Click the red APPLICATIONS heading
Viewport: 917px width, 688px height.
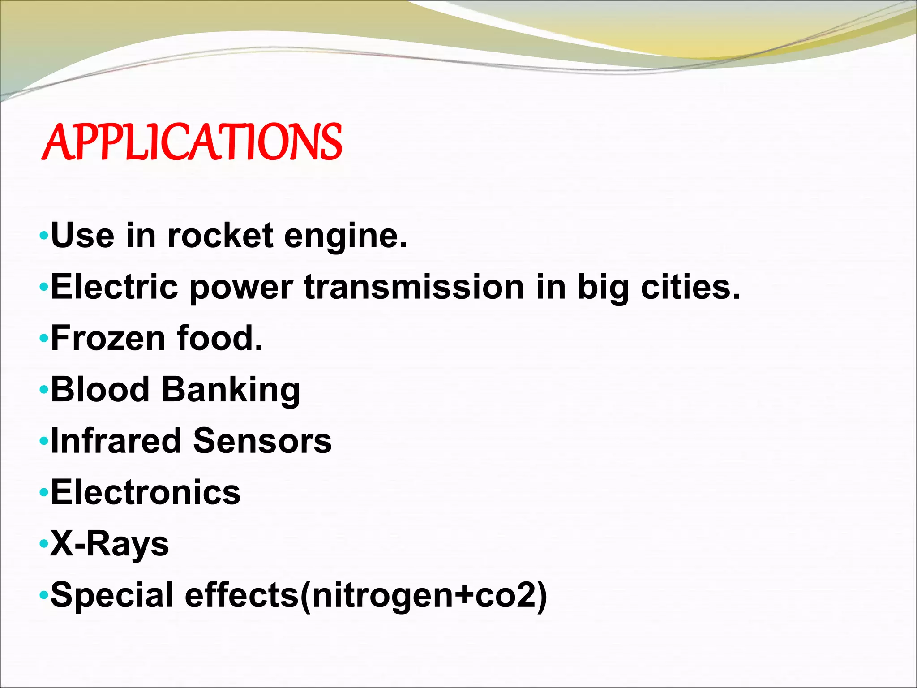pyautogui.click(x=192, y=142)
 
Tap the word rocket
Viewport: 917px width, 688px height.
pyautogui.click(x=220, y=236)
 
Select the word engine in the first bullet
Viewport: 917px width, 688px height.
pyautogui.click(x=345, y=236)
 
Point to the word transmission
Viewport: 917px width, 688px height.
pyautogui.click(x=414, y=287)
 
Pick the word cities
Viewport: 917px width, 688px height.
pyautogui.click(x=690, y=287)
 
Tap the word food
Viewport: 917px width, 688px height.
pyautogui.click(x=219, y=338)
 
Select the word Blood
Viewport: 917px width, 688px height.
pyautogui.click(x=100, y=389)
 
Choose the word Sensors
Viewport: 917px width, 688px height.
pyautogui.click(x=262, y=441)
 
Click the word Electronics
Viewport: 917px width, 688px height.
pyautogui.click(x=146, y=492)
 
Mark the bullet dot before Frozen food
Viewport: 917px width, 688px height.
pyautogui.click(x=43, y=339)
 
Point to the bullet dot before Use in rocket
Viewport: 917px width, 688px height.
pyautogui.click(x=43, y=236)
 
